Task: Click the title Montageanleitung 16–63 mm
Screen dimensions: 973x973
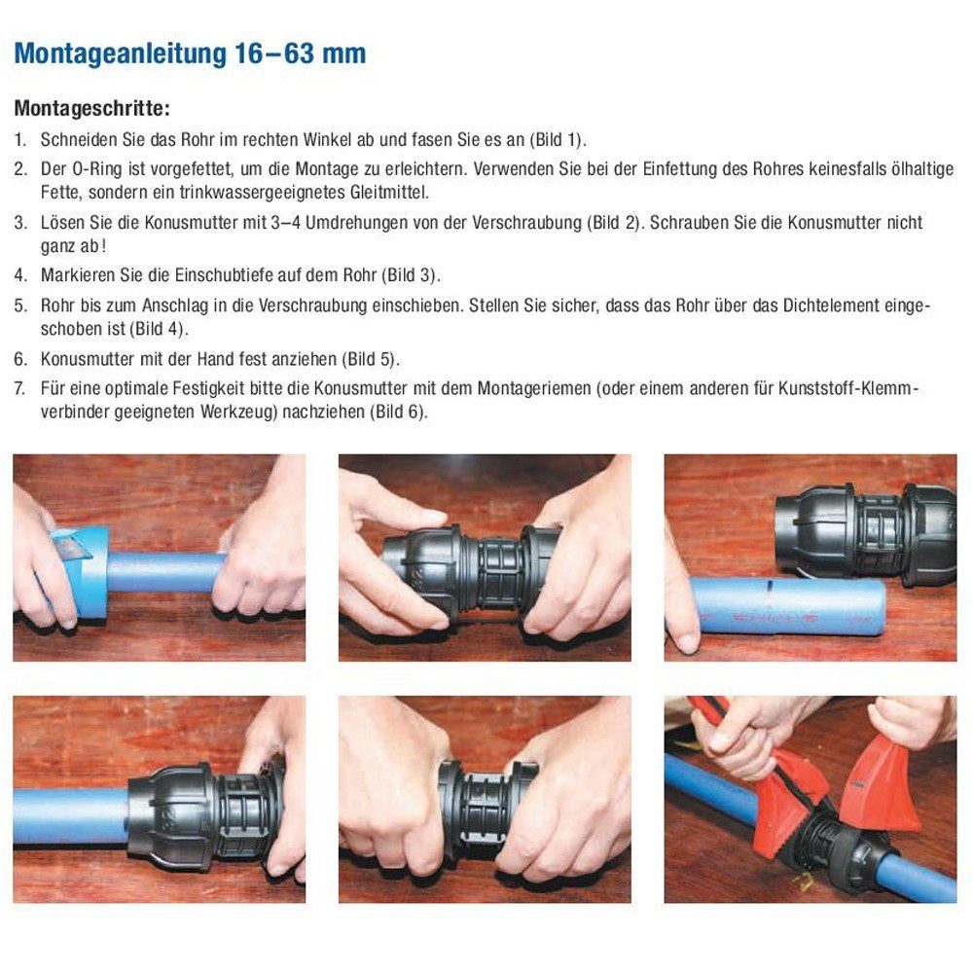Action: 190,54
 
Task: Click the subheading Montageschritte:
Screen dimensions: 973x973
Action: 92,107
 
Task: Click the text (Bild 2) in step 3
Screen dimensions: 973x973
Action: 615,222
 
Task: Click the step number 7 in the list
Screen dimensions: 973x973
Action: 19,389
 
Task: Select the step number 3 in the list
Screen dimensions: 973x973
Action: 19,222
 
